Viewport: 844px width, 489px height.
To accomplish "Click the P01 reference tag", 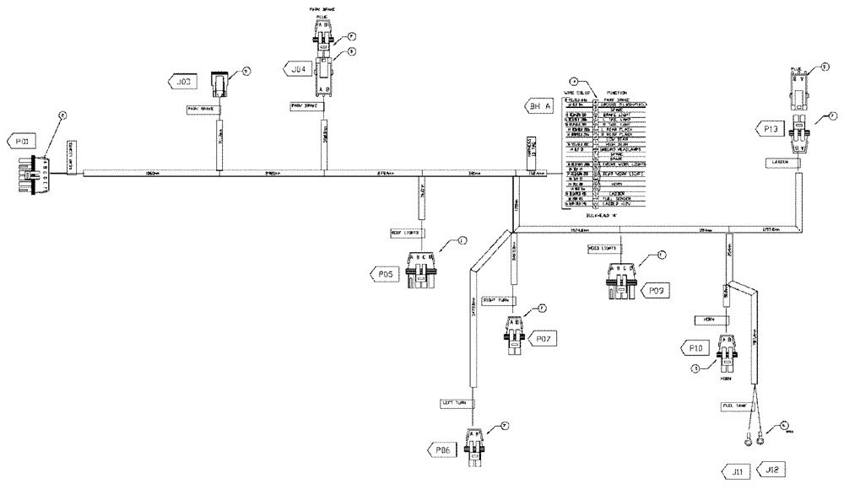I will (x=23, y=142).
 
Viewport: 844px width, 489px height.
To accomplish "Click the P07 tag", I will (x=544, y=338).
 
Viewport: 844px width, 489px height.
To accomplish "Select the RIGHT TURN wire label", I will (x=497, y=299).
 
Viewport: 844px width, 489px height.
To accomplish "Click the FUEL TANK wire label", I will (x=735, y=406).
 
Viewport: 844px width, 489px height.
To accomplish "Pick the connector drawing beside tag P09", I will (x=621, y=282).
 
